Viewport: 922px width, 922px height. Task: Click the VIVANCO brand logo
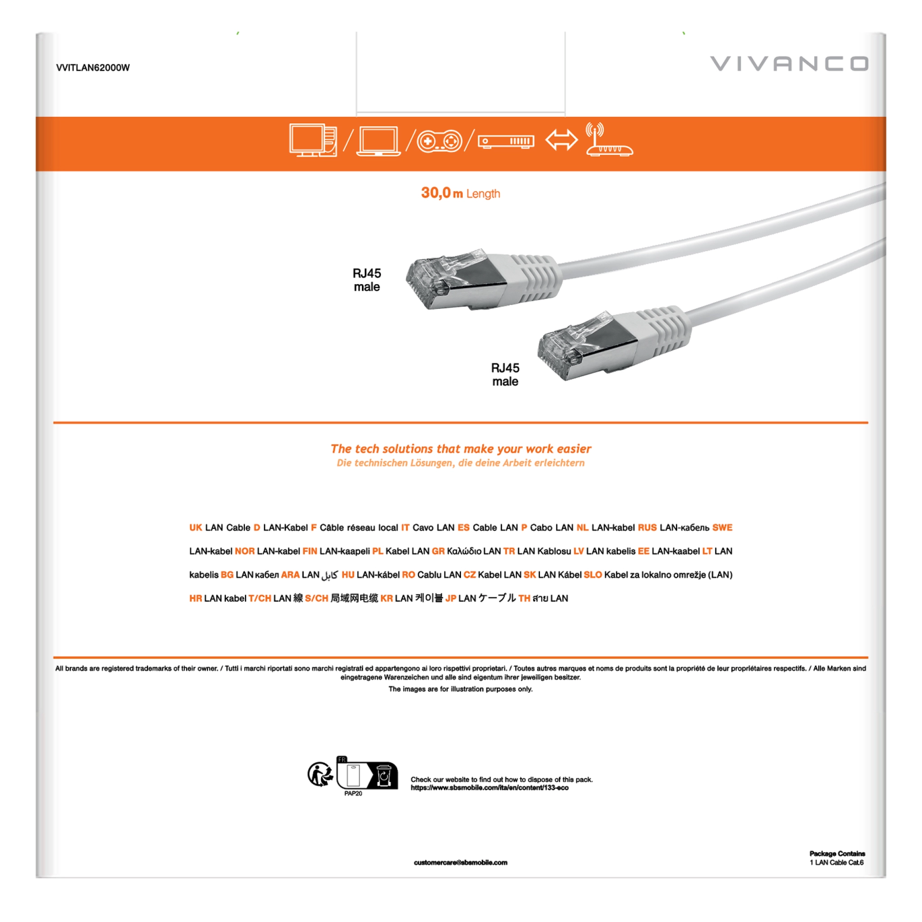(x=789, y=63)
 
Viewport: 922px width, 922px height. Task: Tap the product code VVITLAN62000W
(x=93, y=68)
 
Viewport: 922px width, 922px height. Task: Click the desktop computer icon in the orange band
(x=312, y=140)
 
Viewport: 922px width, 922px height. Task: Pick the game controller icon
(x=439, y=141)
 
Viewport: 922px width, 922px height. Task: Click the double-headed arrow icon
(x=561, y=140)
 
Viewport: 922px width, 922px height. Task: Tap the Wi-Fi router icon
(x=609, y=140)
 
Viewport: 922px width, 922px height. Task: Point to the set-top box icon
(x=506, y=141)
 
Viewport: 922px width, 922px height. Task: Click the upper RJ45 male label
(x=366, y=280)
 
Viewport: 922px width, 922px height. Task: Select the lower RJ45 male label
(x=505, y=375)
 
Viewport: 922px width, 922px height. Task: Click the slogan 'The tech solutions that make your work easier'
(x=461, y=448)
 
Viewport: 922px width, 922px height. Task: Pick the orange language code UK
(x=195, y=527)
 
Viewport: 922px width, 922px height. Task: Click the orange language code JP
(x=450, y=598)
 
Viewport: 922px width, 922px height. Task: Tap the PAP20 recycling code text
(x=353, y=794)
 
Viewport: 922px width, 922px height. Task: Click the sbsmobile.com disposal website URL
(x=489, y=788)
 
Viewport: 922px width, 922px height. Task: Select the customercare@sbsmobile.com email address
(x=461, y=863)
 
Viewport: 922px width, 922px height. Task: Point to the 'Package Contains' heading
(x=837, y=854)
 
